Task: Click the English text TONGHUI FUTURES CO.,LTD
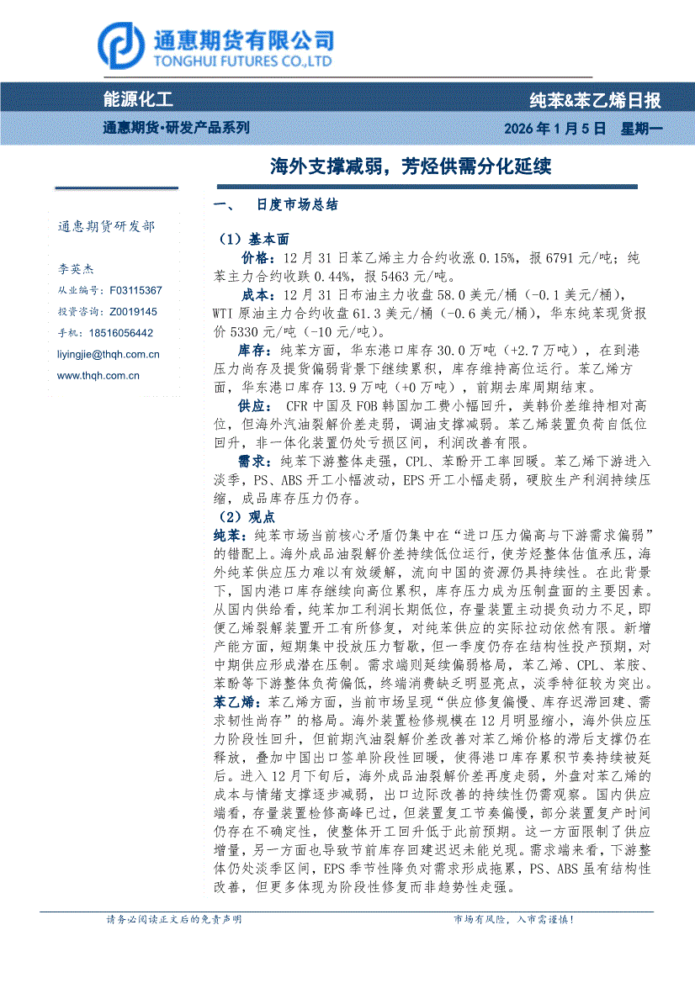[242, 61]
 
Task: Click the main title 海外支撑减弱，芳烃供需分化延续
[411, 166]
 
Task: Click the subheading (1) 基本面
[253, 239]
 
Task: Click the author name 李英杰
[76, 269]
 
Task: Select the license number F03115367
[135, 290]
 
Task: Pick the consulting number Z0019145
[133, 311]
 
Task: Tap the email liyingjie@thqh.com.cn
[108, 355]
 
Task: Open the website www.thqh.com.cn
[98, 376]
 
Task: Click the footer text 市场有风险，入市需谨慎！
[513, 919]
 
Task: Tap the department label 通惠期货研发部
[106, 226]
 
